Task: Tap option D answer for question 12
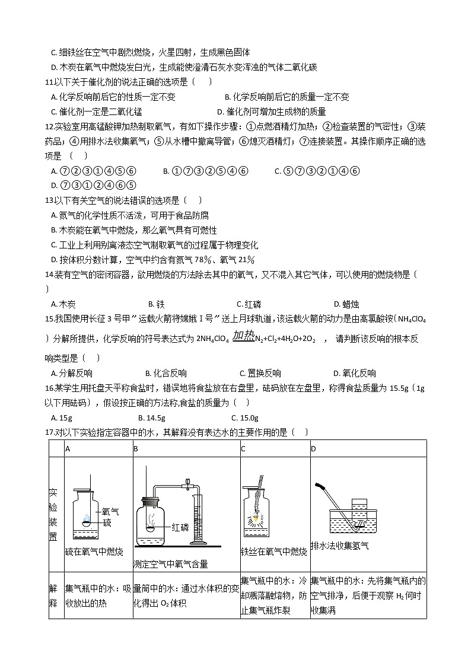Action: [94, 186]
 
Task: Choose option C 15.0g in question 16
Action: [244, 418]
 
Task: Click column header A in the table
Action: [68, 448]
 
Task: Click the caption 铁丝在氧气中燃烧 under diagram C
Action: [273, 552]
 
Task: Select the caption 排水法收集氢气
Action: [339, 546]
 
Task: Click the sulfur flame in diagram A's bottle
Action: [87, 518]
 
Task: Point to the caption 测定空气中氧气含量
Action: [171, 565]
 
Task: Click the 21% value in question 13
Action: [244, 260]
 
